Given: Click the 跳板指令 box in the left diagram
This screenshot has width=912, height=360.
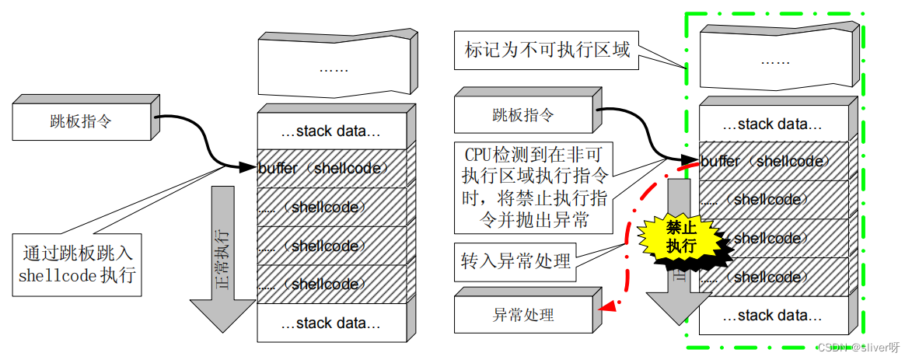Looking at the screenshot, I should pyautogui.click(x=82, y=121).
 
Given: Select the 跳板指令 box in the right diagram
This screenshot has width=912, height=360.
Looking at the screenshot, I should pyautogui.click(x=522, y=116).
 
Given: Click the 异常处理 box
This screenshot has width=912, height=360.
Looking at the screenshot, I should pyautogui.click(x=522, y=315).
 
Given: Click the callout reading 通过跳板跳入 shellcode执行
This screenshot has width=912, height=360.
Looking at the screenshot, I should pyautogui.click(x=77, y=264).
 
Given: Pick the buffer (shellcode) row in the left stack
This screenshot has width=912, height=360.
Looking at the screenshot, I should pyautogui.click(x=334, y=168).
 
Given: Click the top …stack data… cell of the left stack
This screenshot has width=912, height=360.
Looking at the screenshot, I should pyautogui.click(x=332, y=131).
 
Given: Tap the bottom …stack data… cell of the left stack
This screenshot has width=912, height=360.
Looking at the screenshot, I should pyautogui.click(x=332, y=323).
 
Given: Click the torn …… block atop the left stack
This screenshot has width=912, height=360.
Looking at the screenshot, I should pyautogui.click(x=334, y=67).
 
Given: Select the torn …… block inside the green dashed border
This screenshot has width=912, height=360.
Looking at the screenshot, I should pyautogui.click(x=777, y=59).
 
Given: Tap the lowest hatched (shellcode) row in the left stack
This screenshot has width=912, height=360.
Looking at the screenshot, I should pyautogui.click(x=334, y=284).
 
